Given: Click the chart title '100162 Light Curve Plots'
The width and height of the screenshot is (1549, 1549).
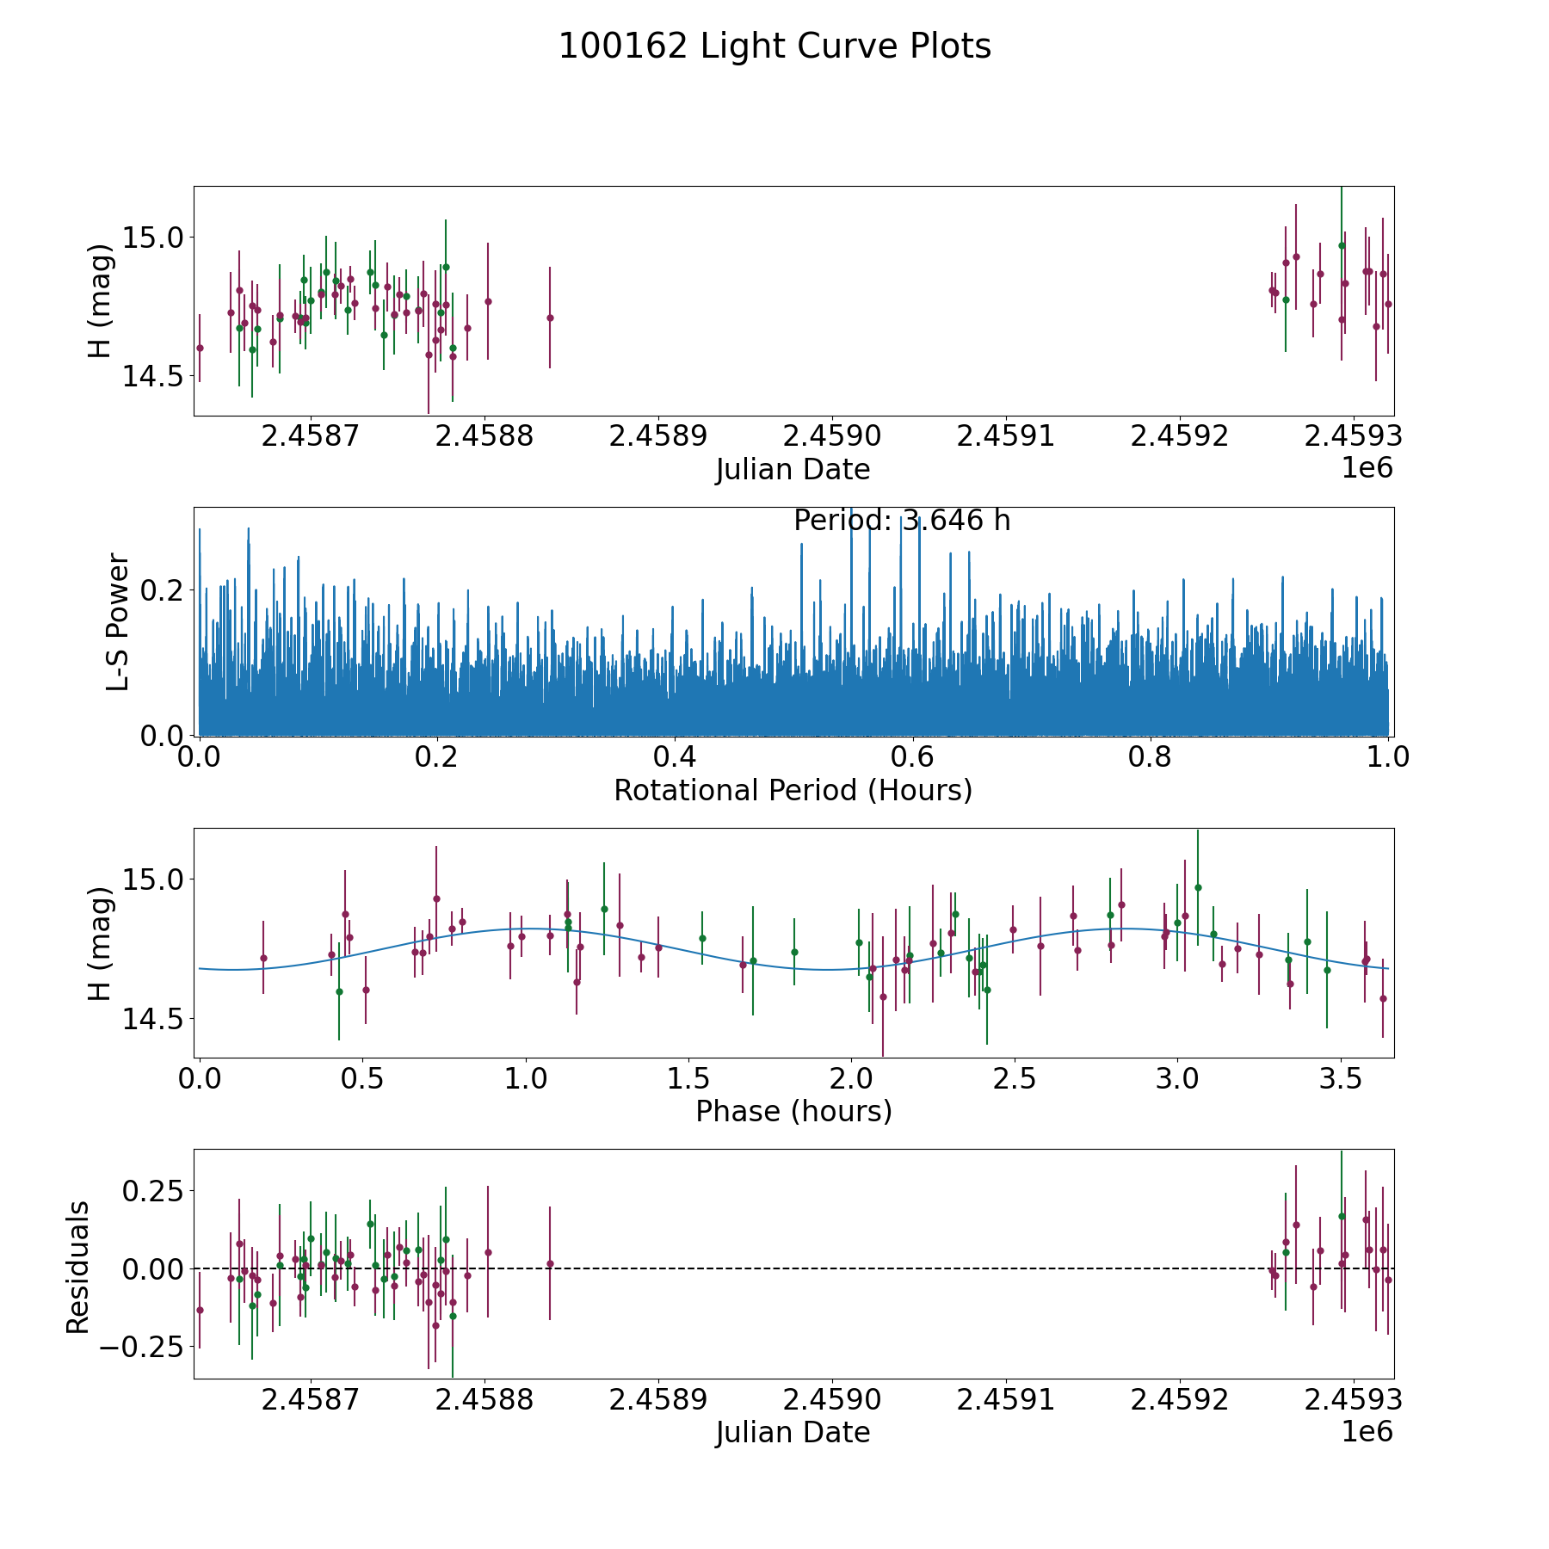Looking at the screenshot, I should coord(774,46).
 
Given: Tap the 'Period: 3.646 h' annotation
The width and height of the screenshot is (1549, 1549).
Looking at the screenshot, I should coord(901,521).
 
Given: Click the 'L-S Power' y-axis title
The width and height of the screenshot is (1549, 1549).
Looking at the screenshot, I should coord(118,621).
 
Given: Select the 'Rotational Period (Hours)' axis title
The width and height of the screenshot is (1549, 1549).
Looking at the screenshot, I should coord(793,790).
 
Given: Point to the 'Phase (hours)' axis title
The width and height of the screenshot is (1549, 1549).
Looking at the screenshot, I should coord(793,1111).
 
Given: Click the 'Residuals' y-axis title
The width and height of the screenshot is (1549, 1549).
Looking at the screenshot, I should coord(78,1267).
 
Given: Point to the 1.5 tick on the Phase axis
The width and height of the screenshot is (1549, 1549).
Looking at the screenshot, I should coord(688,1079).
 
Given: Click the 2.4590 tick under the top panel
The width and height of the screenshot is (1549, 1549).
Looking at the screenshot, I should coord(832,437).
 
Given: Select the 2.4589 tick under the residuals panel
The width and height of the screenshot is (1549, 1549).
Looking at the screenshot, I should coord(658,1400).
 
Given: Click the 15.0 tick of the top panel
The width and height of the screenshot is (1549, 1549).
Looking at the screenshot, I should coord(154,238).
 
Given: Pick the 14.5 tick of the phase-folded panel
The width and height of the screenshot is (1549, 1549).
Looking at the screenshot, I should coord(154,1019).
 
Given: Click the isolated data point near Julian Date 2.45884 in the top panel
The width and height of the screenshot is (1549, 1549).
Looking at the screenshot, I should coord(550,318).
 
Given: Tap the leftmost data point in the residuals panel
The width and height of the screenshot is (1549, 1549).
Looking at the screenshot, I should coord(200,1310).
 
